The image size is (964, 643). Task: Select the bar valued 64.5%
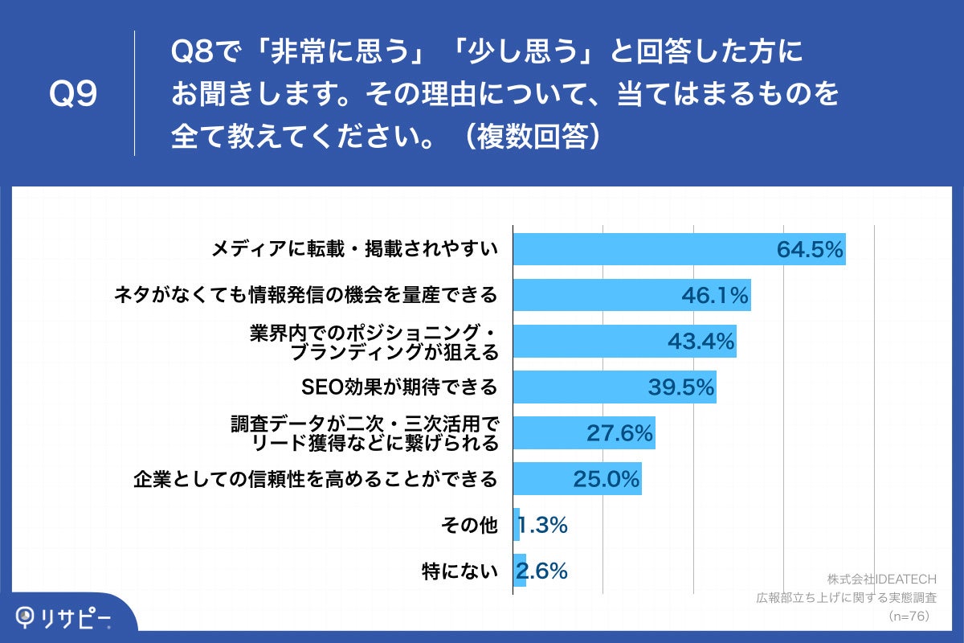679,250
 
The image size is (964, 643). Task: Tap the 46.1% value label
715,296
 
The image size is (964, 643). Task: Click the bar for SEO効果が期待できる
615,387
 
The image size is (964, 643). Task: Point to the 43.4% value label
701,342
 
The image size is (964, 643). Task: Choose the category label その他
470,526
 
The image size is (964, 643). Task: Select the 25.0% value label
607,480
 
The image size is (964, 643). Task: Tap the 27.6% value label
619,434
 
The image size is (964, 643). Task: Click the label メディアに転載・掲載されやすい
354,250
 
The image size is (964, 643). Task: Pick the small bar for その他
517,525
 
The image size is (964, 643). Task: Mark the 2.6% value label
542,571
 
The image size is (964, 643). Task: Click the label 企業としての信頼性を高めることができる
315,480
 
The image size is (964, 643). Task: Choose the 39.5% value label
681,387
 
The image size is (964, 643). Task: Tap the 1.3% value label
544,526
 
